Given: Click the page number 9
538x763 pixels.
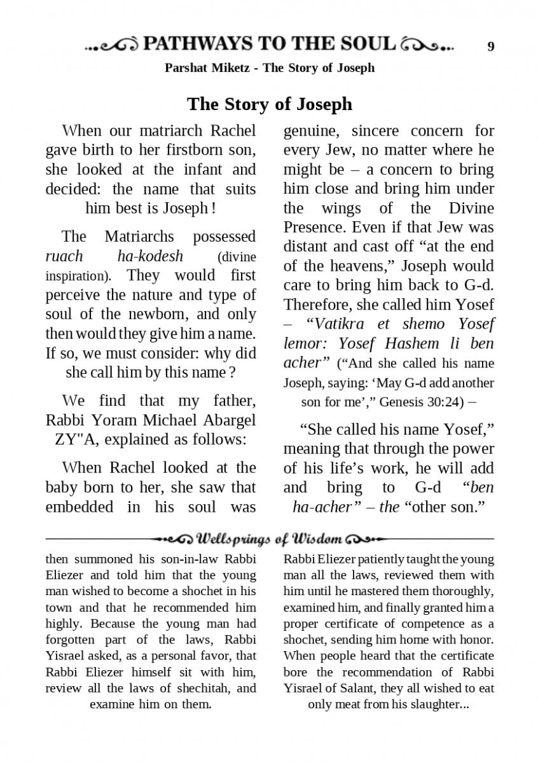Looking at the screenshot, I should (490, 46).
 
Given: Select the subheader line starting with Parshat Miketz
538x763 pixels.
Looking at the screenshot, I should (269, 67).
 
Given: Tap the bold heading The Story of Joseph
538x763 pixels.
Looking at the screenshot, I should (269, 104).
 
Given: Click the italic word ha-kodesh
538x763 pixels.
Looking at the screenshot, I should (150, 256).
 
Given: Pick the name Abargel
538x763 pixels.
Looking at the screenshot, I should (224, 420).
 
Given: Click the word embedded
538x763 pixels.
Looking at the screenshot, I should (76, 507).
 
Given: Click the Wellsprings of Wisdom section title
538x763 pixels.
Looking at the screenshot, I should (269, 540).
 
